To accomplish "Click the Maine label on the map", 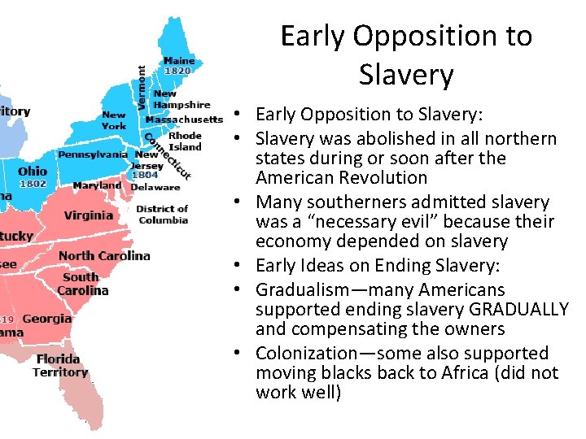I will (179, 60).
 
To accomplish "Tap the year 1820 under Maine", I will (177, 71).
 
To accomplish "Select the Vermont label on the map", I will (142, 88).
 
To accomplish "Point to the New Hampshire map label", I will (181, 99).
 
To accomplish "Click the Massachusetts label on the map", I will (184, 120).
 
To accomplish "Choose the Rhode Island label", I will (185, 141).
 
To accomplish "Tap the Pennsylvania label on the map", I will (93, 154).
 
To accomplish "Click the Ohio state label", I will (33, 171).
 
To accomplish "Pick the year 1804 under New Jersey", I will (145, 175).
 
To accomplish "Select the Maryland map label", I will (97, 185).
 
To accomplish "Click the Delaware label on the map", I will (155, 187).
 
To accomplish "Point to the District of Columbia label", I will (163, 215).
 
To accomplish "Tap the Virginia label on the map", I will (88, 215).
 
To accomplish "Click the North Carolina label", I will (104, 255).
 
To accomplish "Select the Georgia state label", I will (47, 319).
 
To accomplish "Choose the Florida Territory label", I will (59, 365).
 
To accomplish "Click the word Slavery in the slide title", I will (405, 75).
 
